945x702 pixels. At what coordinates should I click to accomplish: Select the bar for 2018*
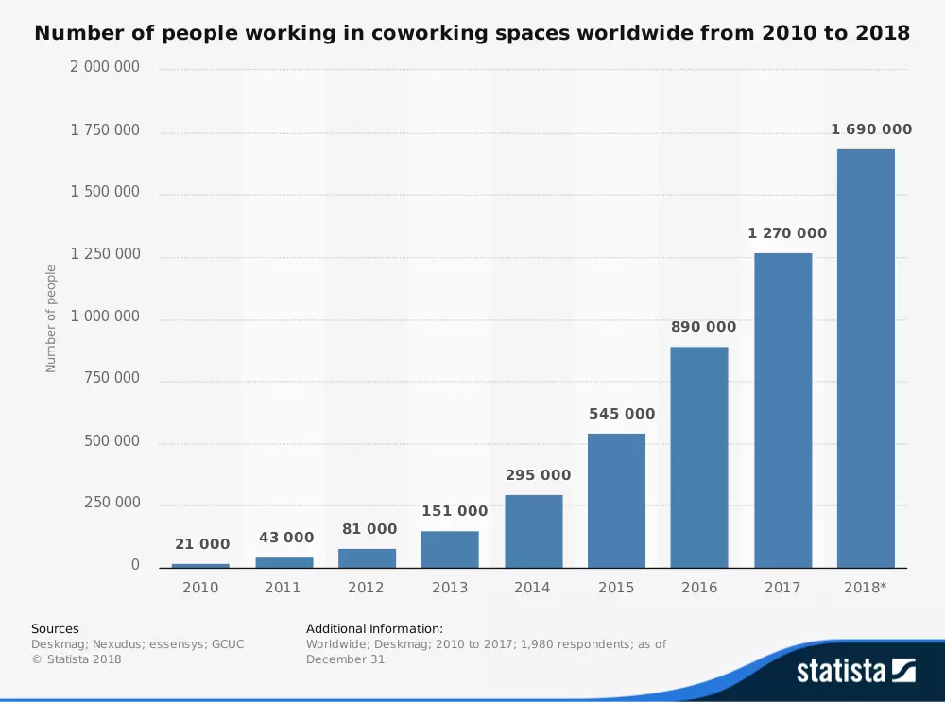tap(866, 358)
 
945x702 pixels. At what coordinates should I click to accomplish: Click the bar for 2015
tap(616, 501)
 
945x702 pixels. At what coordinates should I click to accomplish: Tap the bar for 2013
tap(450, 549)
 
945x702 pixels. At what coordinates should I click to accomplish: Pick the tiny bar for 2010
tap(200, 565)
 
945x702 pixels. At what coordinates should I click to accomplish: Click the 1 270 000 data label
tap(787, 233)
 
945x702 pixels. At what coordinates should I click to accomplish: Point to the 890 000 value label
tap(703, 327)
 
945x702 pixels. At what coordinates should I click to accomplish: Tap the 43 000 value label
tap(286, 538)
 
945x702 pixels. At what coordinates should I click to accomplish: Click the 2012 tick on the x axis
tap(366, 588)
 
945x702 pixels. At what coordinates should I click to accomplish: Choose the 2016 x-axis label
tap(698, 588)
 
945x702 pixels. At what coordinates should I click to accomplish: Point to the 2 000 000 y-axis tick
tap(105, 67)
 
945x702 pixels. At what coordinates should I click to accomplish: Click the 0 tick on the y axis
tap(135, 565)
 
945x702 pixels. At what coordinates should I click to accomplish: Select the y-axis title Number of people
tap(51, 318)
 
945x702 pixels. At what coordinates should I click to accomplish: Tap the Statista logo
tap(855, 671)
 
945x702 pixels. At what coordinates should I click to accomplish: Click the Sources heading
tap(55, 628)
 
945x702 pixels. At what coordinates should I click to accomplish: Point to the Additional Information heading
tap(374, 628)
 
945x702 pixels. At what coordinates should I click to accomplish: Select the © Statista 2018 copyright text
tap(77, 659)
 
